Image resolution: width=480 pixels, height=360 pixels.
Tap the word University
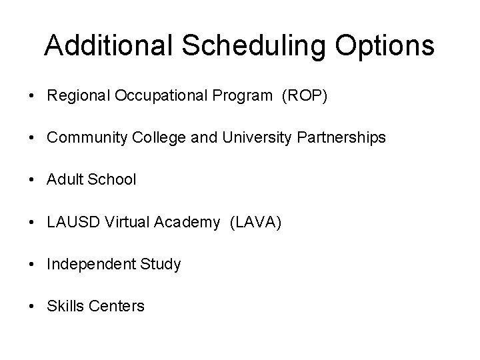[x=249, y=138]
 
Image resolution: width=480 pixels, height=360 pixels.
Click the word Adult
[x=64, y=180]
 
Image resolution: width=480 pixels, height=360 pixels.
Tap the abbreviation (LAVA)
[x=255, y=222]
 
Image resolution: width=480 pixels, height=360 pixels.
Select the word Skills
[x=64, y=306]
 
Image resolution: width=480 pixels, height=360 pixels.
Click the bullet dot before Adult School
[x=32, y=180]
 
